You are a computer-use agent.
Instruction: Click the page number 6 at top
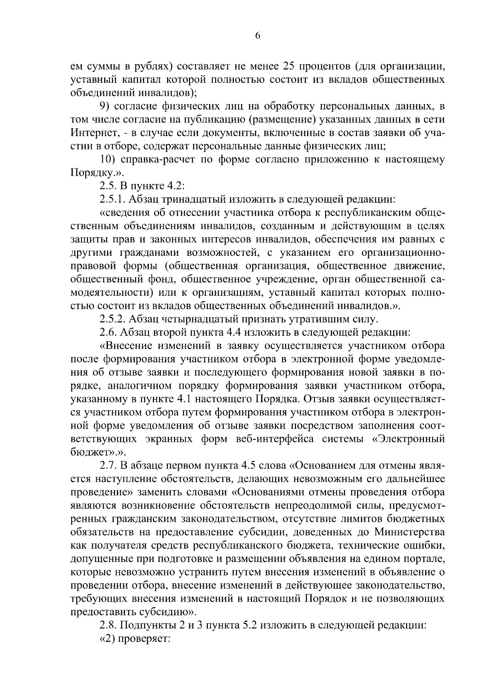[x=257, y=36]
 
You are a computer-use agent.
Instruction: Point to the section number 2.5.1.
[x=112, y=200]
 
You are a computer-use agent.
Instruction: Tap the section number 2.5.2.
[x=113, y=318]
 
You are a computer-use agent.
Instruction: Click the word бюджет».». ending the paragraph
[x=96, y=452]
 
